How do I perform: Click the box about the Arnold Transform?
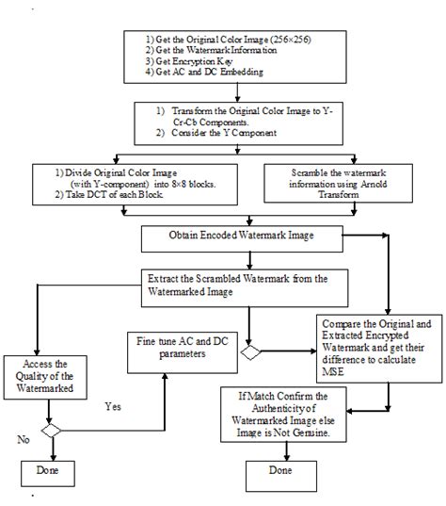(337, 179)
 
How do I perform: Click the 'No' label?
(23, 439)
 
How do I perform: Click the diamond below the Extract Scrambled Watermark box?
(250, 354)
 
